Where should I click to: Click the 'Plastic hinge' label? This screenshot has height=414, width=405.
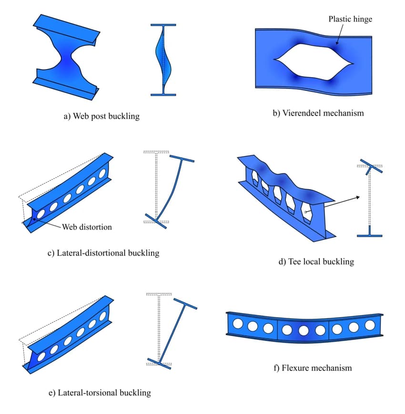(x=350, y=19)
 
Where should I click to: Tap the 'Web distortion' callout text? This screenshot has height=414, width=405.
(x=87, y=227)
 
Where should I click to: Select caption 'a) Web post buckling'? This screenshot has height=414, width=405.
(x=101, y=116)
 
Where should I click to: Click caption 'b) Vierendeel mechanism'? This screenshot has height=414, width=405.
(x=318, y=113)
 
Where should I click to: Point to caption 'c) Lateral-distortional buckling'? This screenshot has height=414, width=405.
(x=103, y=252)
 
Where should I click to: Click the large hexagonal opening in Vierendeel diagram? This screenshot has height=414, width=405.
(x=314, y=61)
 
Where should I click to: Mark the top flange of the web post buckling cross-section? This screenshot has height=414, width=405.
(x=163, y=25)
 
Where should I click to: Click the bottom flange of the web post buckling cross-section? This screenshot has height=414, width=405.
(x=163, y=94)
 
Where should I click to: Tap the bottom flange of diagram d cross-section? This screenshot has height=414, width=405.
(x=370, y=235)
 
